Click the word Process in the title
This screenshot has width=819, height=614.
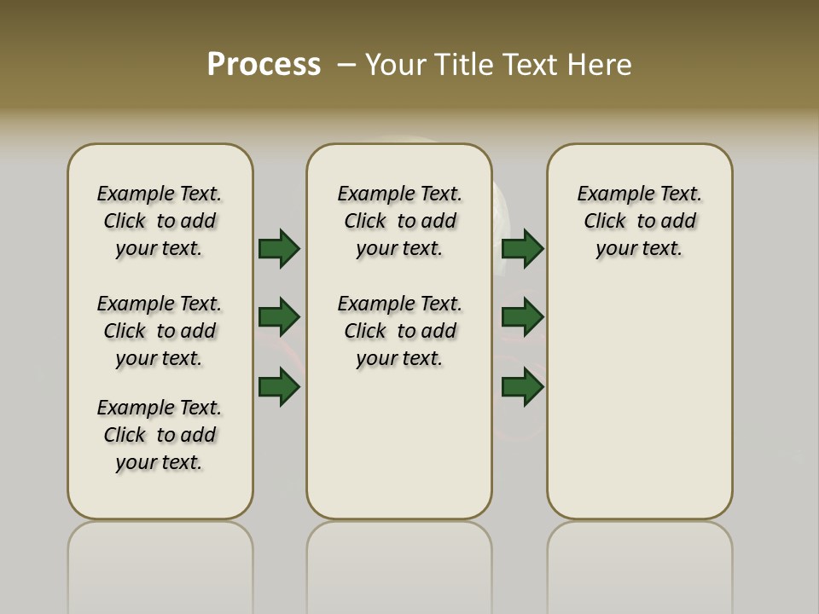point(264,65)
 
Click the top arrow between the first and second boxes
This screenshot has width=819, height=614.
point(279,248)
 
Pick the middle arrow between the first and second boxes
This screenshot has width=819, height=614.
point(279,317)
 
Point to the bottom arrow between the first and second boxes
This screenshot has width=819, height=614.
point(279,386)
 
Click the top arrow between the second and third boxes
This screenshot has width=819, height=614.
point(522,248)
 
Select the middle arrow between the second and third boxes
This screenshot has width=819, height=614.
point(522,317)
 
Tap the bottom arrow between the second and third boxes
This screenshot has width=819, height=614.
point(522,386)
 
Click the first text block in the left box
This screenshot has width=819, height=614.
point(160,221)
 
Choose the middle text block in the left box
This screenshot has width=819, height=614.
point(160,331)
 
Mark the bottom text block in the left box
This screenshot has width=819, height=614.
point(160,435)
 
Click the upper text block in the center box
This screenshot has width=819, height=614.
point(400,221)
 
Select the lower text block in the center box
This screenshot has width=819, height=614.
point(400,331)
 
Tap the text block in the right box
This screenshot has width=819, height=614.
point(640,221)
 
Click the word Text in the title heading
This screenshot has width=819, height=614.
point(530,65)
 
